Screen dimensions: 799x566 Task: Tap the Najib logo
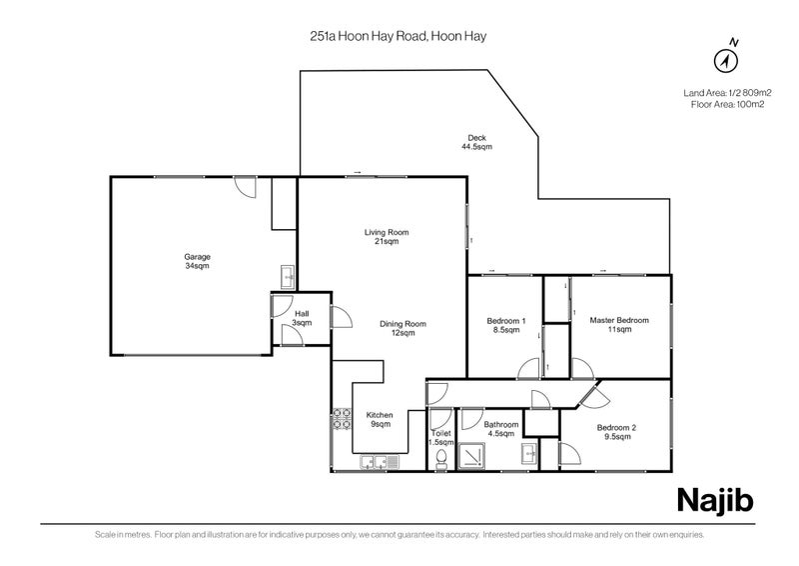point(715,501)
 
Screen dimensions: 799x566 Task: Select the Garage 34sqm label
point(197,261)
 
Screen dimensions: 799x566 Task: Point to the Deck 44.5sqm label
point(477,142)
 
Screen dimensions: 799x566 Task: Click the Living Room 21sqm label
point(387,236)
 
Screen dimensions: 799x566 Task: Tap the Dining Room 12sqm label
point(402,328)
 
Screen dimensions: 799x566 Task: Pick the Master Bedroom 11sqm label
point(619,325)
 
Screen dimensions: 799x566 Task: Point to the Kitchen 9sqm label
point(380,420)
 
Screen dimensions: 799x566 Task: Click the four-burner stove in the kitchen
point(342,418)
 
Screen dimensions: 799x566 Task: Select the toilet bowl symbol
point(441,459)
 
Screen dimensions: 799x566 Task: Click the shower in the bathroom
point(471,456)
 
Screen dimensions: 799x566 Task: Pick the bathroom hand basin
point(529,454)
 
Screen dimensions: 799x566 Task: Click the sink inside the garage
point(288,277)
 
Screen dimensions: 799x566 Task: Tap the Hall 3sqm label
point(302,318)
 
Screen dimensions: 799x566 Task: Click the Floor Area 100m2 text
point(727,105)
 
